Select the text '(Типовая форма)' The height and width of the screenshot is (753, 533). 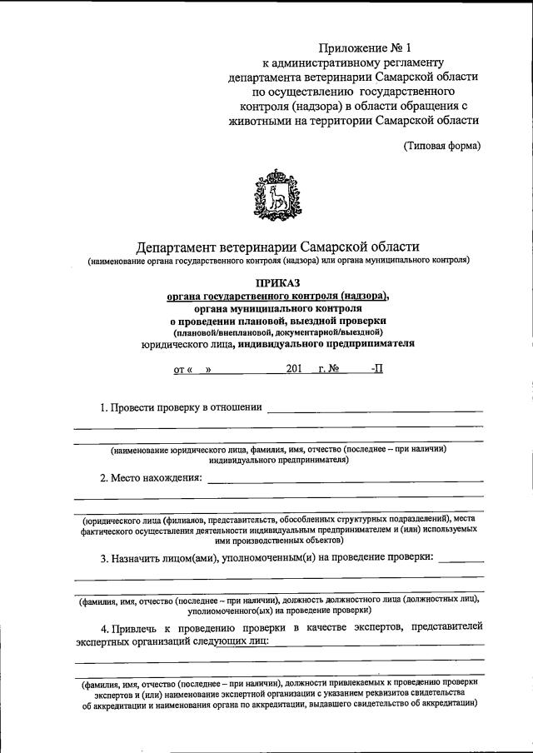click(x=441, y=146)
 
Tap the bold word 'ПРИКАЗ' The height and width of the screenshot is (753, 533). click(x=278, y=283)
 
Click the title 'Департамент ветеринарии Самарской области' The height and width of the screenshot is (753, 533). click(x=278, y=247)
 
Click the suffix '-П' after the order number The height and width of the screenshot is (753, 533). click(x=377, y=368)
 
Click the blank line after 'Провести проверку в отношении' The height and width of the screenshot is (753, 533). click(x=374, y=409)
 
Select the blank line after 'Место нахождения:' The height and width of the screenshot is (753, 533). click(x=345, y=479)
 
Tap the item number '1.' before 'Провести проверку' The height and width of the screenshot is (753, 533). click(x=105, y=407)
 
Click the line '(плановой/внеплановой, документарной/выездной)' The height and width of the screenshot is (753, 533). click(x=278, y=332)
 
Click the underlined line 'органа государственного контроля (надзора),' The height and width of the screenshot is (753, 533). click(x=278, y=296)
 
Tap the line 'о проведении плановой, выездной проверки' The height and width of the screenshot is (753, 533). click(x=278, y=320)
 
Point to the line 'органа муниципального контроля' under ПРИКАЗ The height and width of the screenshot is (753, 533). click(x=278, y=308)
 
